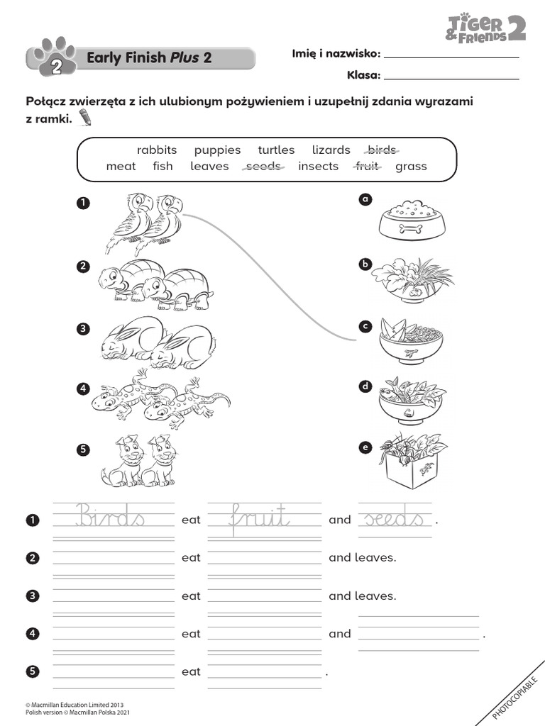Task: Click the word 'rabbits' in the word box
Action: [157, 150]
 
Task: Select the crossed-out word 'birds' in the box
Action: [382, 150]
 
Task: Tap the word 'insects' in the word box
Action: [319, 166]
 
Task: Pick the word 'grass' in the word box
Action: [411, 166]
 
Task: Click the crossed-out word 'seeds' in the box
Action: [263, 166]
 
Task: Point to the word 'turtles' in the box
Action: [276, 150]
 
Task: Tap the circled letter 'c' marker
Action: [365, 326]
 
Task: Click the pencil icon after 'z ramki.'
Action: [87, 117]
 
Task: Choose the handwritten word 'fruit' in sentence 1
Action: [260, 518]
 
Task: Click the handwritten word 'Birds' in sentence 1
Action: [111, 518]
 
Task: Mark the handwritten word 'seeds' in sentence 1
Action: [395, 519]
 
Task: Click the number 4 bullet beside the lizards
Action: [83, 389]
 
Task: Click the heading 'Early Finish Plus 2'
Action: [148, 58]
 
